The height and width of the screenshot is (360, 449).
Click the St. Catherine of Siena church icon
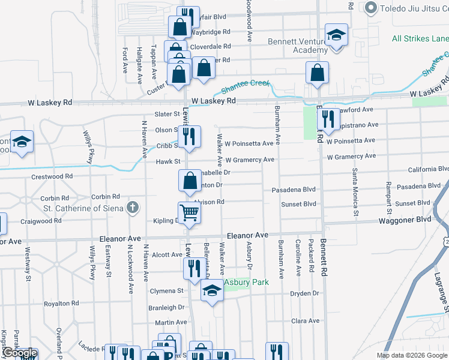click(133, 208)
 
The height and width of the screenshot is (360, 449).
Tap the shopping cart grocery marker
click(189, 212)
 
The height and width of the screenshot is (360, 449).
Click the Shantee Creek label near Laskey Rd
click(244, 86)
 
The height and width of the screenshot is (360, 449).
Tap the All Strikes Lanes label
click(420, 39)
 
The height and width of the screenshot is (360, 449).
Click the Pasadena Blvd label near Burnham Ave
click(294, 189)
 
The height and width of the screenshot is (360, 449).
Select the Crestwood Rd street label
click(52, 177)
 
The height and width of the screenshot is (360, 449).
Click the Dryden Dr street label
click(304, 293)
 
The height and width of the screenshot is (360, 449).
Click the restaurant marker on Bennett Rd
click(327, 119)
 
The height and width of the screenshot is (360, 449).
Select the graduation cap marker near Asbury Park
click(211, 291)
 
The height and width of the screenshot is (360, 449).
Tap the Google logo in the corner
click(19, 353)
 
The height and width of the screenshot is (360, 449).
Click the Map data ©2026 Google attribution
click(411, 355)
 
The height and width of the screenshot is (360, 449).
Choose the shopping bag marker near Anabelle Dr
click(190, 180)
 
